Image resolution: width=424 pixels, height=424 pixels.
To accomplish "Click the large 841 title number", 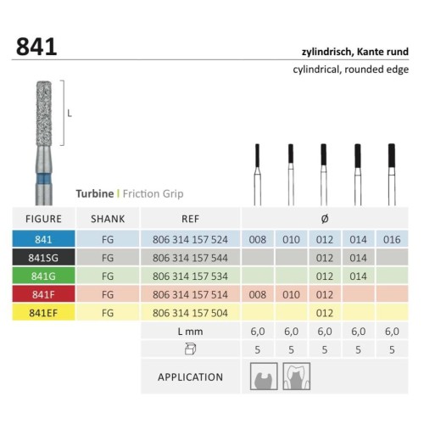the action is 36,47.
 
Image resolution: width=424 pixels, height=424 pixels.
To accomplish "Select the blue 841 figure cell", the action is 43,239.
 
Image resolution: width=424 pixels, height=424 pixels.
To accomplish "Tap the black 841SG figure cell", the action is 43,258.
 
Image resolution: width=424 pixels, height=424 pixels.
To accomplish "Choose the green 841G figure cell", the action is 43,276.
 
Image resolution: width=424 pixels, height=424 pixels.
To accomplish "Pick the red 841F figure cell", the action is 43,294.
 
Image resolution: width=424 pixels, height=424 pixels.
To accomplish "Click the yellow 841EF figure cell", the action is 43,313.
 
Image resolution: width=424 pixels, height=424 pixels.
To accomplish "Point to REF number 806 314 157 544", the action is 190,258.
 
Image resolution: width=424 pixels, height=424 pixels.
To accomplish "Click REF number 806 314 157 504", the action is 190,313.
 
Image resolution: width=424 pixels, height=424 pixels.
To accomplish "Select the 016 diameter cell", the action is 392,239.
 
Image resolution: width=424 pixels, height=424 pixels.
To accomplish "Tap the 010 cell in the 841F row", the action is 291,294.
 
